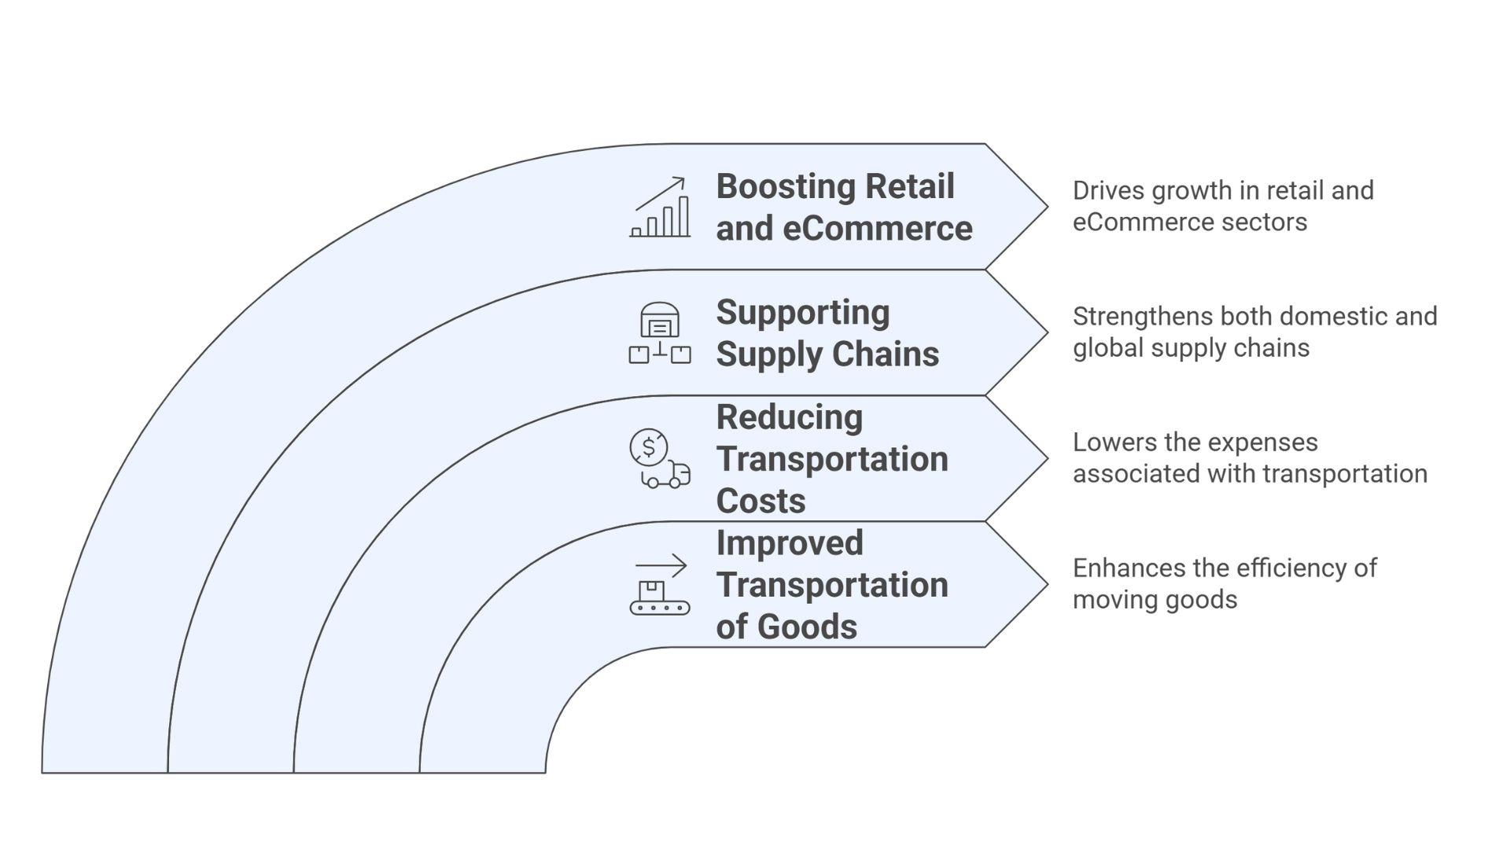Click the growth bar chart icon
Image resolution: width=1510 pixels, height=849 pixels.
(x=660, y=208)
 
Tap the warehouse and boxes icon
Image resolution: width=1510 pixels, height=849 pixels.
(x=660, y=333)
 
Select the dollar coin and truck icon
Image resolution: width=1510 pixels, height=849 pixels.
(x=660, y=459)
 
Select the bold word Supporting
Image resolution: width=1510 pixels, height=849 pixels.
(x=803, y=313)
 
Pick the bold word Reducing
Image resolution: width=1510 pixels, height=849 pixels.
(x=790, y=417)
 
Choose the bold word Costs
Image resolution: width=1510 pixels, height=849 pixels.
(x=761, y=502)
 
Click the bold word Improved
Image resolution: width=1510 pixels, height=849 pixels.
(x=790, y=543)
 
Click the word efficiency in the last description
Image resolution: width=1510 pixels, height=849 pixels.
(x=1280, y=568)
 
